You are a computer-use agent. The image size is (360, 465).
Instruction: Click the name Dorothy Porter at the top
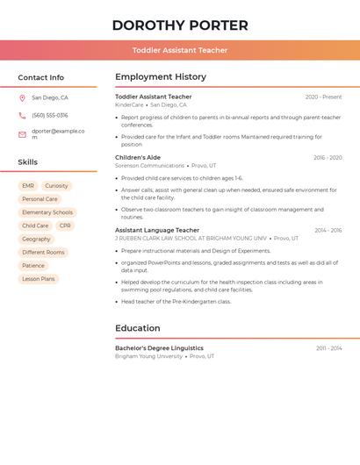coord(180,25)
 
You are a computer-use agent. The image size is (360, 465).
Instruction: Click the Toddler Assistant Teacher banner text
coord(180,50)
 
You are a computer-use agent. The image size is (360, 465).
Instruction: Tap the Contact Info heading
coord(40,77)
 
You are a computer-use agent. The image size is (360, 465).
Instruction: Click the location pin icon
coord(22,98)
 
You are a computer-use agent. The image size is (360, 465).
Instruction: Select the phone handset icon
coord(22,116)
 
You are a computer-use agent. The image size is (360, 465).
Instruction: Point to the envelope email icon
coord(22,134)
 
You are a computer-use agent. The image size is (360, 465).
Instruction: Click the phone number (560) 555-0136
coord(49,116)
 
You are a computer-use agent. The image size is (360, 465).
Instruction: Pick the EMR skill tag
coord(28,186)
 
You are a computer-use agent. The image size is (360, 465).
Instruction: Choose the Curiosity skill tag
coord(56,186)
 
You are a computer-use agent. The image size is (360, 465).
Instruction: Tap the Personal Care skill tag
coord(40,199)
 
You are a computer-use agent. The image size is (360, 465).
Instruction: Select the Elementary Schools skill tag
coord(47,212)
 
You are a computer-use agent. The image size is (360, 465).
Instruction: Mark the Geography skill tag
coord(36,239)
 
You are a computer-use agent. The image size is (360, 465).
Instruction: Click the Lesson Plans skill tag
coord(39,279)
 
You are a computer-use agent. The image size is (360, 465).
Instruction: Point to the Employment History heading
coord(161,77)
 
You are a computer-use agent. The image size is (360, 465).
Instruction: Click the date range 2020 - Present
coord(323,97)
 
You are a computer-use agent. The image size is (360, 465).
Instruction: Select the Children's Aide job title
coord(138,158)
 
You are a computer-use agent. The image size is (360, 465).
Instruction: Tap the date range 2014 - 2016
coord(328,231)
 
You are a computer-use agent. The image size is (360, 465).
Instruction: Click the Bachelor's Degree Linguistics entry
coord(159,348)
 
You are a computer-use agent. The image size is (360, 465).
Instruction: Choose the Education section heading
coord(138,328)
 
